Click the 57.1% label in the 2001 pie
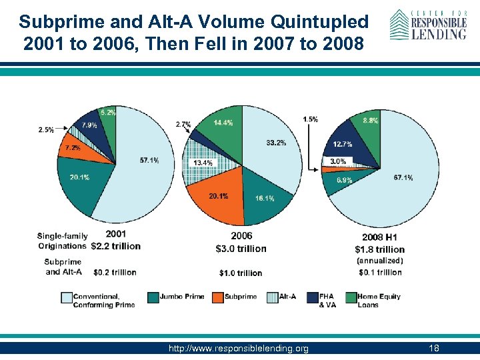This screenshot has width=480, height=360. (x=149, y=161)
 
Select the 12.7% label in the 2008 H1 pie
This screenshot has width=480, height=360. (x=343, y=144)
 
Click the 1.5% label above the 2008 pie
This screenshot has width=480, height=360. (x=310, y=119)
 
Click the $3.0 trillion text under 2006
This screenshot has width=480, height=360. (x=241, y=249)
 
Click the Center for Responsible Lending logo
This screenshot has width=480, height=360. (x=427, y=25)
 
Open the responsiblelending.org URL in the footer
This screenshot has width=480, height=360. (x=239, y=349)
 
